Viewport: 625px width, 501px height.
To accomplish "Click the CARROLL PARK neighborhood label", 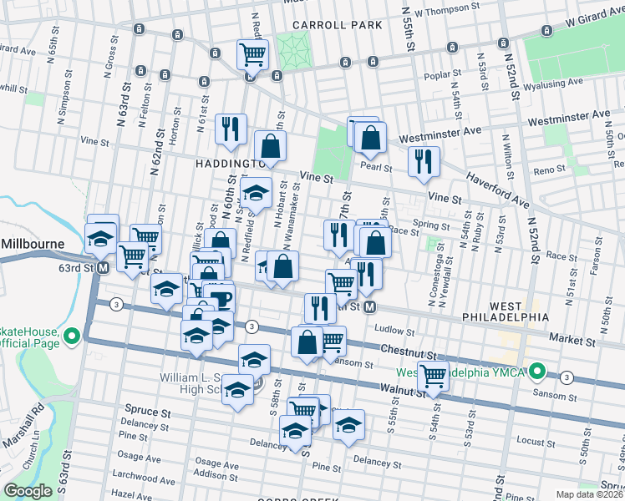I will pyautogui.click(x=337, y=25).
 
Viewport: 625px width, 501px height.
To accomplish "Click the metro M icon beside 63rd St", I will pyautogui.click(x=103, y=268).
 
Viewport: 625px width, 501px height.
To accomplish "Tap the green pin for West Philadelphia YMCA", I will pyautogui.click(x=539, y=371).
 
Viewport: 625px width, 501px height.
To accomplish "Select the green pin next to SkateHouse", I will pyautogui.click(x=73, y=337).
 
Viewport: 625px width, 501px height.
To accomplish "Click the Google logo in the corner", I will pyautogui.click(x=28, y=491).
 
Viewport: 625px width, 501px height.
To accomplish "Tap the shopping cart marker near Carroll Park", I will pyautogui.click(x=252, y=56).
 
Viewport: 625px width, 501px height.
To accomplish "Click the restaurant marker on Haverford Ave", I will pyautogui.click(x=424, y=162).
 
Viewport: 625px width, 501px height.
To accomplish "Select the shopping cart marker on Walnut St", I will pyautogui.click(x=433, y=377).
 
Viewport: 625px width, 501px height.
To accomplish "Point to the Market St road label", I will pyautogui.click(x=572, y=339).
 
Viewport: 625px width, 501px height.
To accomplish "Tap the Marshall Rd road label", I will pyautogui.click(x=38, y=427).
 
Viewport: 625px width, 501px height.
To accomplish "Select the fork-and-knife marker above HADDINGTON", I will pyautogui.click(x=231, y=129).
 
